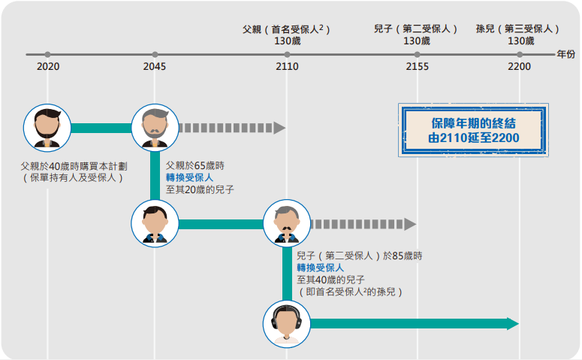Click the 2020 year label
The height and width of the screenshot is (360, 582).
pos(48,66)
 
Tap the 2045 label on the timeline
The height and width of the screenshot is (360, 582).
pos(155,66)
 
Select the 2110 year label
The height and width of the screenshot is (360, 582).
pos(287,66)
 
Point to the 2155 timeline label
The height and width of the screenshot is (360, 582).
pos(418,66)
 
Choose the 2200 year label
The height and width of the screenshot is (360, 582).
pos(519,66)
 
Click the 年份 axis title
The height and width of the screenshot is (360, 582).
pos(565,54)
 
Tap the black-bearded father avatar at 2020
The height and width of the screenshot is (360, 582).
pos(47,128)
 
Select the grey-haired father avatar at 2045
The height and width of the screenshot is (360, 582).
pos(155,128)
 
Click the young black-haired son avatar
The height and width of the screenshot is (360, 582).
pos(155,224)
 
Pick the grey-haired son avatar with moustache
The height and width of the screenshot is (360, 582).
pos(287,224)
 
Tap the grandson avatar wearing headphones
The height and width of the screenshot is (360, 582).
pos(287,324)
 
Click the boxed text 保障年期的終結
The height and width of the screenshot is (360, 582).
pos(473,123)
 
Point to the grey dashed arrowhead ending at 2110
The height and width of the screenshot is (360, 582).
pos(279,128)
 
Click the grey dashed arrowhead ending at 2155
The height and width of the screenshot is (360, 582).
pos(410,224)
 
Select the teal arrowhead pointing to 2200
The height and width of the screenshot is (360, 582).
pos(513,324)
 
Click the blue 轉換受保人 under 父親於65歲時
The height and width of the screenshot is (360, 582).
pos(189,177)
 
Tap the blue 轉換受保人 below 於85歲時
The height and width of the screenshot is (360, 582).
pos(321,268)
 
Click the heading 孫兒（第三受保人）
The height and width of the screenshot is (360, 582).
pos(517,29)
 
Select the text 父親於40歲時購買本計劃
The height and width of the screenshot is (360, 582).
pos(74,166)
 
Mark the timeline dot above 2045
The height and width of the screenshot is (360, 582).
pos(155,55)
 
